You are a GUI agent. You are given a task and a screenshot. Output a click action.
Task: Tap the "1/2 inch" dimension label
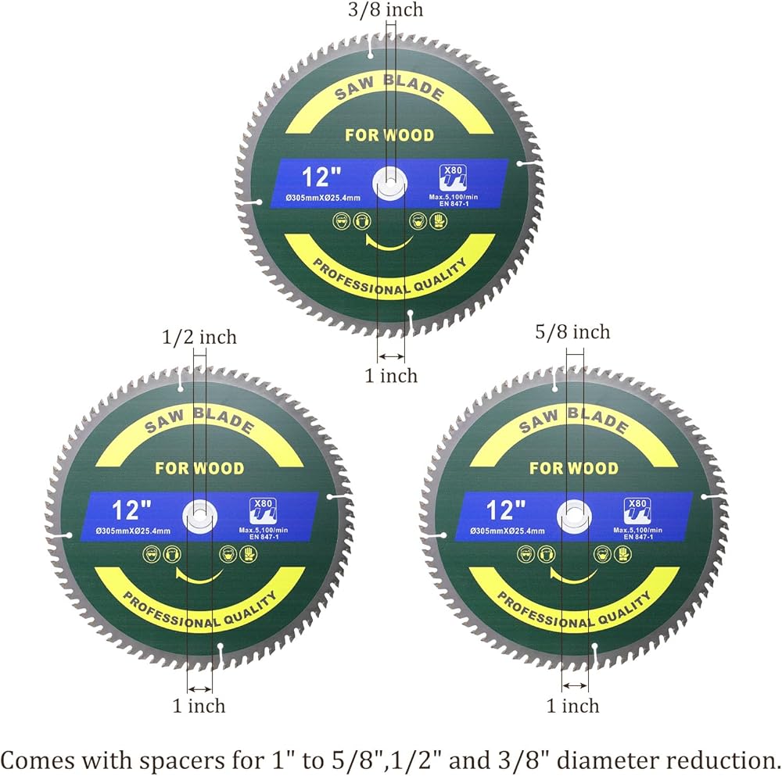tap(199, 338)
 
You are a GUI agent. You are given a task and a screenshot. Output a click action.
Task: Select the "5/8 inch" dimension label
tap(572, 332)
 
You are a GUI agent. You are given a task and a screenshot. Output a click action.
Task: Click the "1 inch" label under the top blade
tap(391, 376)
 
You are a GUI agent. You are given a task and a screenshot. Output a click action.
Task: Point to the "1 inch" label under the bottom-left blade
tap(199, 706)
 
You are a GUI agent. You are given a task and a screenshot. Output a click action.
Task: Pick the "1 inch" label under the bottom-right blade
tap(572, 706)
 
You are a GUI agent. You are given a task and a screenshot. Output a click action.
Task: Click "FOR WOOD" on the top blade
tap(389, 135)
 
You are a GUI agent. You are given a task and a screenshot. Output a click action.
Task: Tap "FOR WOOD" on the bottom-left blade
tap(199, 469)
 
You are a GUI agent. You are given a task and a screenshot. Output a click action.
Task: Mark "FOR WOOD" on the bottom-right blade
tap(573, 469)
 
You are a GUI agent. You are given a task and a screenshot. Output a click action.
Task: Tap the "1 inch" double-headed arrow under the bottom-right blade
tap(576, 685)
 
